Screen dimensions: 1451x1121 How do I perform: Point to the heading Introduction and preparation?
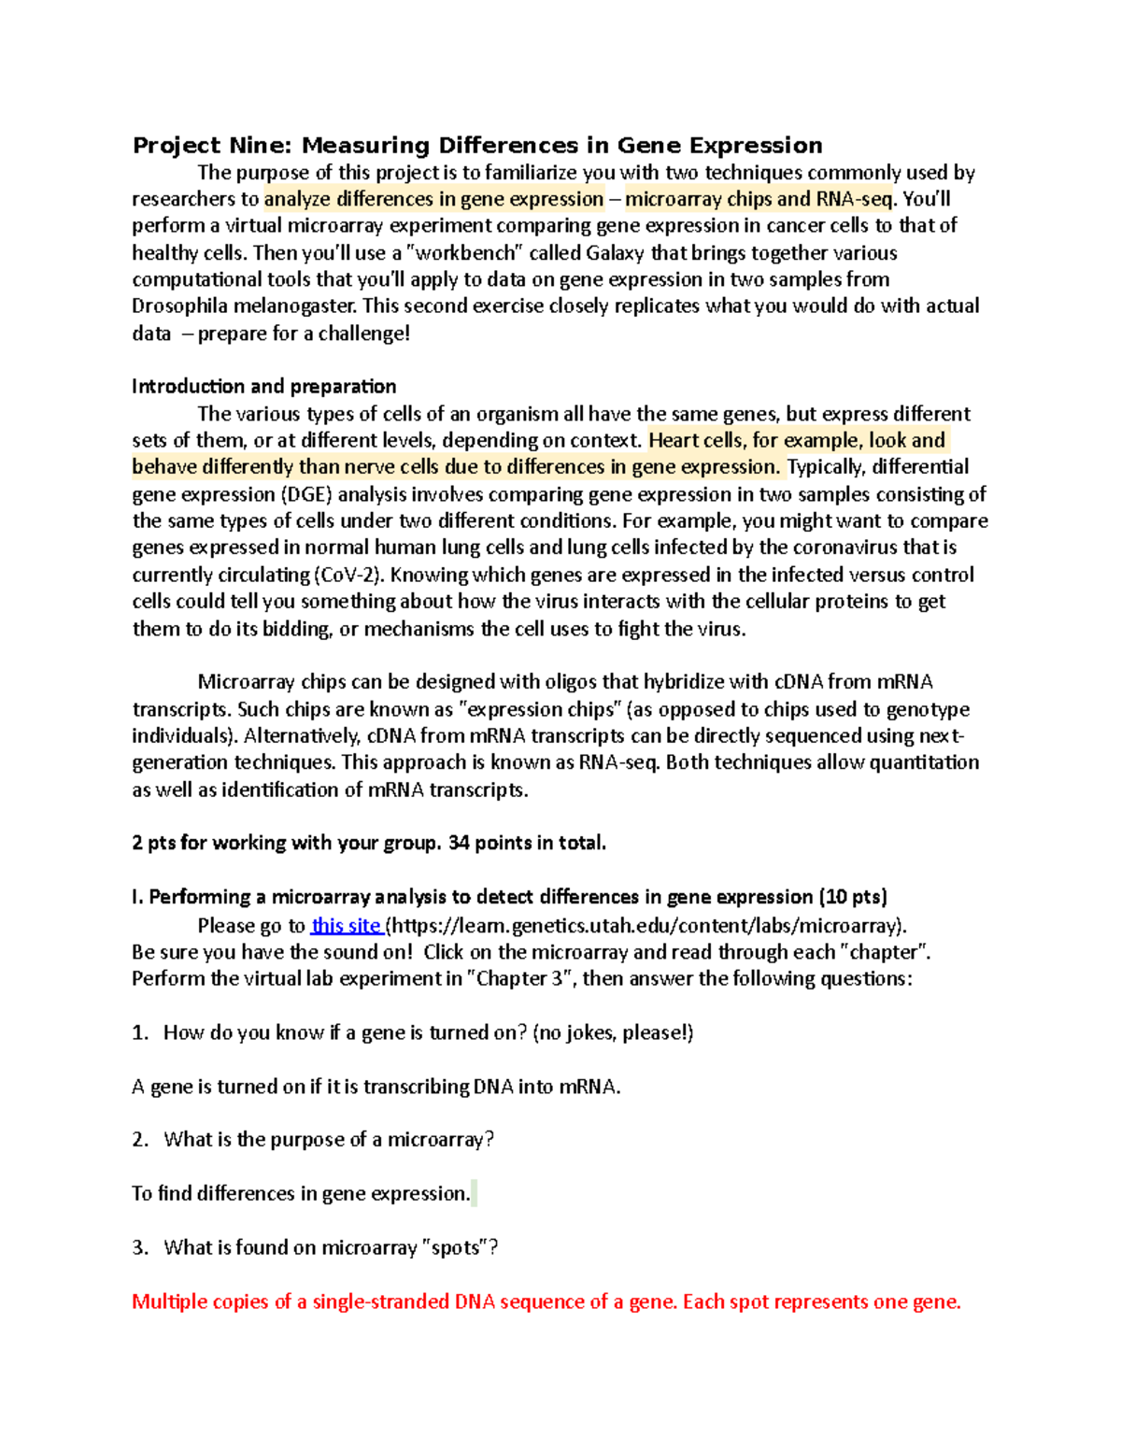click(x=263, y=387)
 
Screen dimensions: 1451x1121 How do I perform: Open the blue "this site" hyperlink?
click(x=345, y=926)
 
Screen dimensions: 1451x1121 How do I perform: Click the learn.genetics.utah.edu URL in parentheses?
click(x=646, y=926)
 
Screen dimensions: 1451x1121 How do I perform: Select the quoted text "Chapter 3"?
click(x=519, y=978)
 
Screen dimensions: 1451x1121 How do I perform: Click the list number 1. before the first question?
click(x=140, y=1032)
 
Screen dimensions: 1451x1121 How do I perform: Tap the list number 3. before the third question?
click(x=140, y=1248)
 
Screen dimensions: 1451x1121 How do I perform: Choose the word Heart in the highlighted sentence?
click(x=673, y=441)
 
